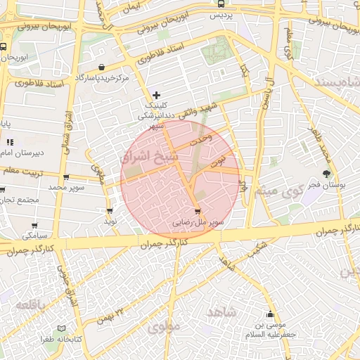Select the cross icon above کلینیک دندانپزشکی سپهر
pos(156,94)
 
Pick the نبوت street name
pos(226,160)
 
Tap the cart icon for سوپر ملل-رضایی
pos(197,211)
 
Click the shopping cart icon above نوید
pos(110,210)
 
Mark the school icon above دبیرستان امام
pos(10,143)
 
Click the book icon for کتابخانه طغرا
pos(61,328)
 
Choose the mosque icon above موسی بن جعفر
pos(270,314)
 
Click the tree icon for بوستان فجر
pos(326,174)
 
